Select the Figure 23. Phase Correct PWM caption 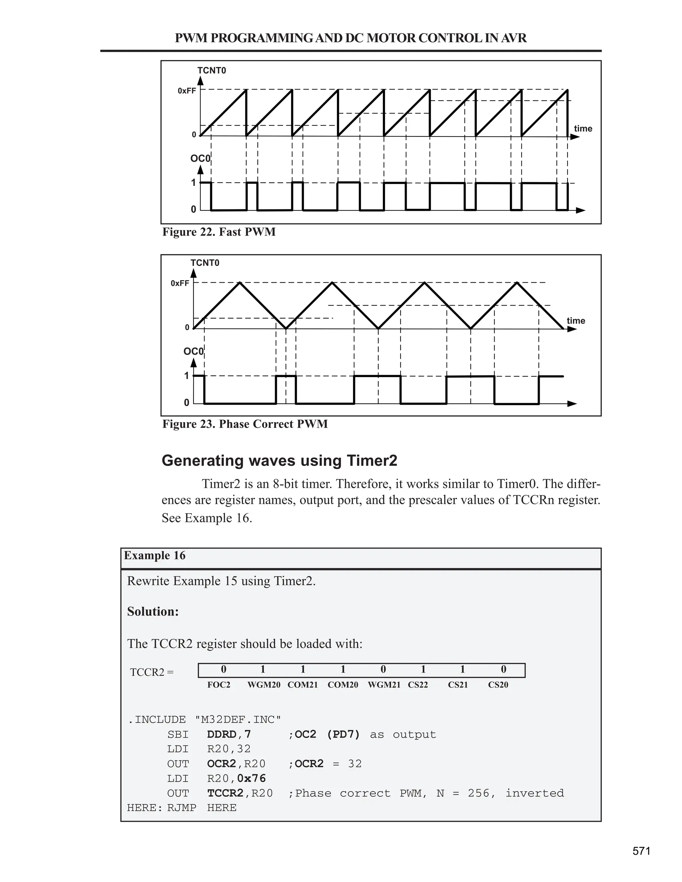245,424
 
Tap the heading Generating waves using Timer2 279,460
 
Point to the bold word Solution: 153,611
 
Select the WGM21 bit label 384,685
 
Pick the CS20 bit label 498,685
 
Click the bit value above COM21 303,670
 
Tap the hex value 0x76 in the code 251,778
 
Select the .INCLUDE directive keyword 157,720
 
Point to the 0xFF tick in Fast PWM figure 187,91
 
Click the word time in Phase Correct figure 576,321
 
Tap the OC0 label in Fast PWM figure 200,158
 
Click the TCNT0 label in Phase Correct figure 205,263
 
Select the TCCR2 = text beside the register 152,672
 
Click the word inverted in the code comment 534,793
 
